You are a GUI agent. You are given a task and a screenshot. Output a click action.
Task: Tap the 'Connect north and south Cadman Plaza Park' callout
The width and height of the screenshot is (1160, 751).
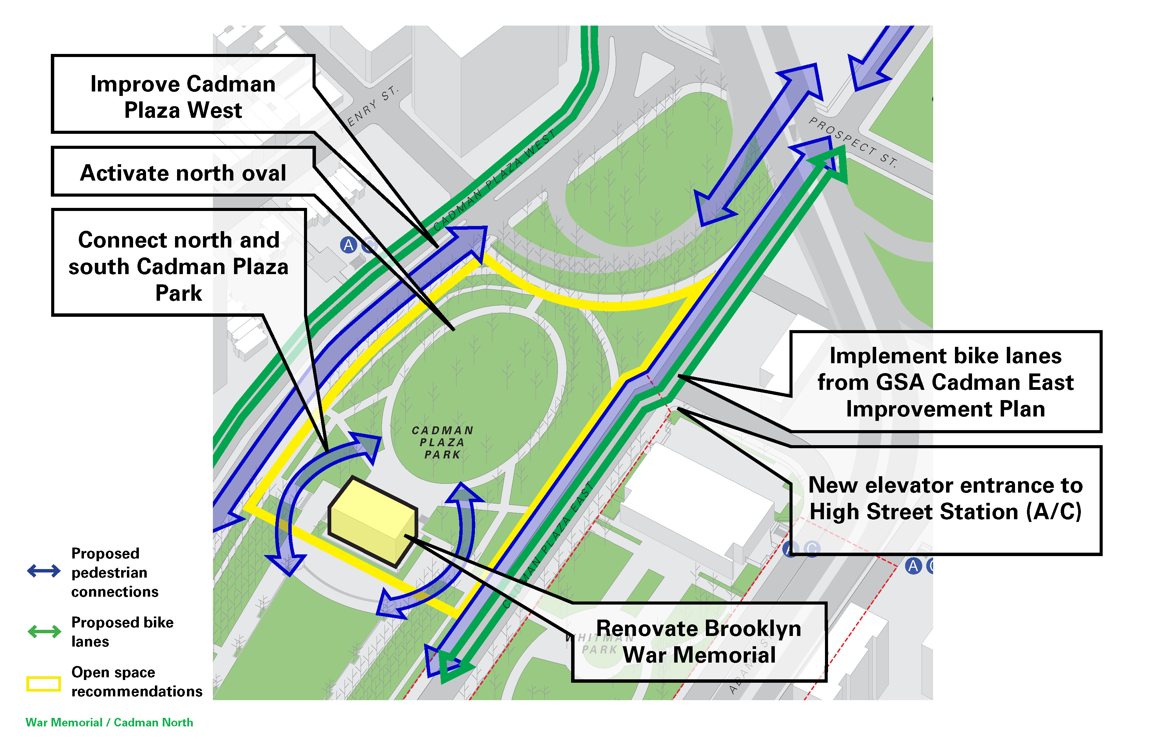[x=178, y=266]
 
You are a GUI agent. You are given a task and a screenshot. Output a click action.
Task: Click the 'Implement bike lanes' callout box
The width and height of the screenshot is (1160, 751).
[x=945, y=382]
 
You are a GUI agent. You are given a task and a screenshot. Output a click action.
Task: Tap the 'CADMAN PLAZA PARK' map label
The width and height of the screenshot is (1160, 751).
[x=442, y=442]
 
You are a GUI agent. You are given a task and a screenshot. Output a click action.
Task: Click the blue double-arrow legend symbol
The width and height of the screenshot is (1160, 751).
[x=44, y=570]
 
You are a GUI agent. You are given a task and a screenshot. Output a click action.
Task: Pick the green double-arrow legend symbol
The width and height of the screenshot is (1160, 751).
[x=44, y=632]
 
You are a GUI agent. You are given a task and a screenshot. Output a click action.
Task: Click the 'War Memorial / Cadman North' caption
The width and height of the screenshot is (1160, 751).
[x=109, y=722]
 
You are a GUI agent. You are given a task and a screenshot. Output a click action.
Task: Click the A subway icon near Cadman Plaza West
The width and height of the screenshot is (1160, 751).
[x=348, y=245]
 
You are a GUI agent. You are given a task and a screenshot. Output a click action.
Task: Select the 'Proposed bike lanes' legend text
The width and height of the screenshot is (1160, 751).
[x=122, y=632]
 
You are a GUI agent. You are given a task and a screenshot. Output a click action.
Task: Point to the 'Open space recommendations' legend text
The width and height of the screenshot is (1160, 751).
[x=136, y=682]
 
